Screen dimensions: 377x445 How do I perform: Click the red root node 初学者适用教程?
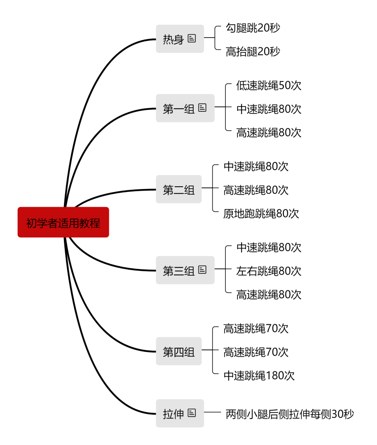63,222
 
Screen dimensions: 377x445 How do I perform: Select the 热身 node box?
180,38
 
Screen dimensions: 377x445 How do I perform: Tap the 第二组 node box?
178,189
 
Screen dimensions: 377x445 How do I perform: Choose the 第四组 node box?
178,351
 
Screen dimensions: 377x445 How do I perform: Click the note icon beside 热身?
192,38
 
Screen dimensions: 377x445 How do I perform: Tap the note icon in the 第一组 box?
202,108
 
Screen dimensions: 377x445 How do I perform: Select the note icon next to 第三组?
202,270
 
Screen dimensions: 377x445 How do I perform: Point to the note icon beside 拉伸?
192,413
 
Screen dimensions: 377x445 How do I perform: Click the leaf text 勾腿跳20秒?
253,28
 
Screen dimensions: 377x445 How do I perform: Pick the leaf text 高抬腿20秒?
253,51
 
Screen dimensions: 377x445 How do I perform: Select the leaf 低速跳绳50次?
269,85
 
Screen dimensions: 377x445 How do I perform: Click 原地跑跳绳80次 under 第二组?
261,213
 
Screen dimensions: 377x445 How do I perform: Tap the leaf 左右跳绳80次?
269,271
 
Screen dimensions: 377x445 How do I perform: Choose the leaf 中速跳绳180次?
259,375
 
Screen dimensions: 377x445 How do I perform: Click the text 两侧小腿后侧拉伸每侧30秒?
290,414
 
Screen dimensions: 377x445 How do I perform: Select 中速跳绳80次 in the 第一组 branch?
269,109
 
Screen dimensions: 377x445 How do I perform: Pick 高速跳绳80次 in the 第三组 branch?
269,295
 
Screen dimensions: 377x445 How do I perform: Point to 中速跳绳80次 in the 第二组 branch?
256,166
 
